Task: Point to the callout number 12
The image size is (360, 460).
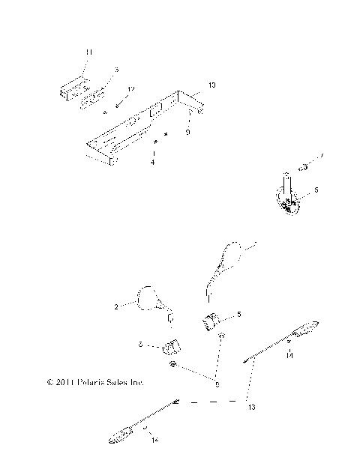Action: click(x=130, y=90)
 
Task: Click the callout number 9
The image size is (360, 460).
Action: click(x=187, y=132)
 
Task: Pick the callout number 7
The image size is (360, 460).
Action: click(x=322, y=156)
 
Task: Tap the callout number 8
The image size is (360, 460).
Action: click(x=217, y=384)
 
